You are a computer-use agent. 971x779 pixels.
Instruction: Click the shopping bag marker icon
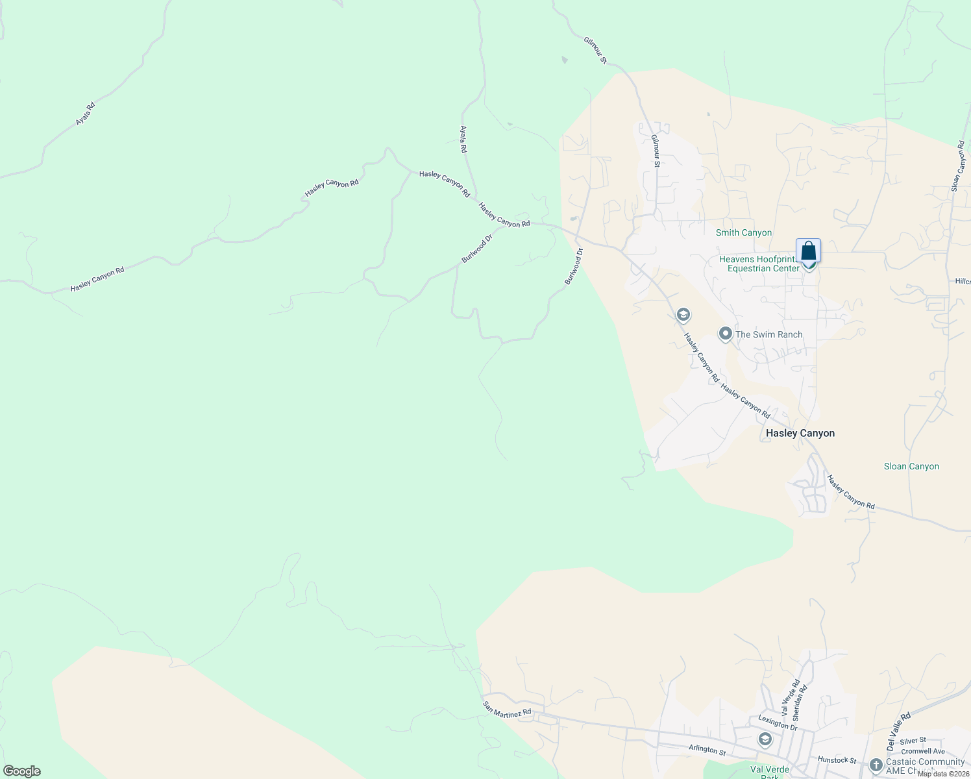click(x=808, y=251)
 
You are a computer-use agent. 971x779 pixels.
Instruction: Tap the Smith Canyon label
click(x=743, y=232)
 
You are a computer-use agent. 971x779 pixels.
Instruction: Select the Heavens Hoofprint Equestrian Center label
click(x=757, y=264)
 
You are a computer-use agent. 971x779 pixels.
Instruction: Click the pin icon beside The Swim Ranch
click(x=725, y=334)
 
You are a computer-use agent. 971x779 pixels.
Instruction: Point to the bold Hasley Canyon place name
click(x=800, y=433)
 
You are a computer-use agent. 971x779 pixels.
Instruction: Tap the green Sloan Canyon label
click(x=911, y=466)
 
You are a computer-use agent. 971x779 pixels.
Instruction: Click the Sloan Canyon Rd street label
click(x=958, y=166)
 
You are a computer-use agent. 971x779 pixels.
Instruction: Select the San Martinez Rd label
click(x=507, y=709)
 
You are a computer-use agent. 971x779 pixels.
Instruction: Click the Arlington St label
click(x=707, y=750)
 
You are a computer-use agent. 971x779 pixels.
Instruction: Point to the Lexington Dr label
click(x=778, y=723)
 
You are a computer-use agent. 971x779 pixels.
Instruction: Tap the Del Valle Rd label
click(x=898, y=728)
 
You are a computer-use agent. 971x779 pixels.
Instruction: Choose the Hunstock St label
click(x=837, y=760)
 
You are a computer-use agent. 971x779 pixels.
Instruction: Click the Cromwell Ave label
click(x=923, y=751)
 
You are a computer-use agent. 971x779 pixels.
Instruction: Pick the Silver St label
click(x=913, y=741)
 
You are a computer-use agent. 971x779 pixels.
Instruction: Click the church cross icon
click(x=876, y=765)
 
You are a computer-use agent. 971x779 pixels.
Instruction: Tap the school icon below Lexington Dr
click(x=765, y=739)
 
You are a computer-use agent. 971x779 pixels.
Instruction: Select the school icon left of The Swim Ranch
click(x=682, y=315)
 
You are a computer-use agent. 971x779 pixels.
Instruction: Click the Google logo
click(x=22, y=771)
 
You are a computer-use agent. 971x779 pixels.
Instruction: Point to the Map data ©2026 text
click(x=942, y=774)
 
